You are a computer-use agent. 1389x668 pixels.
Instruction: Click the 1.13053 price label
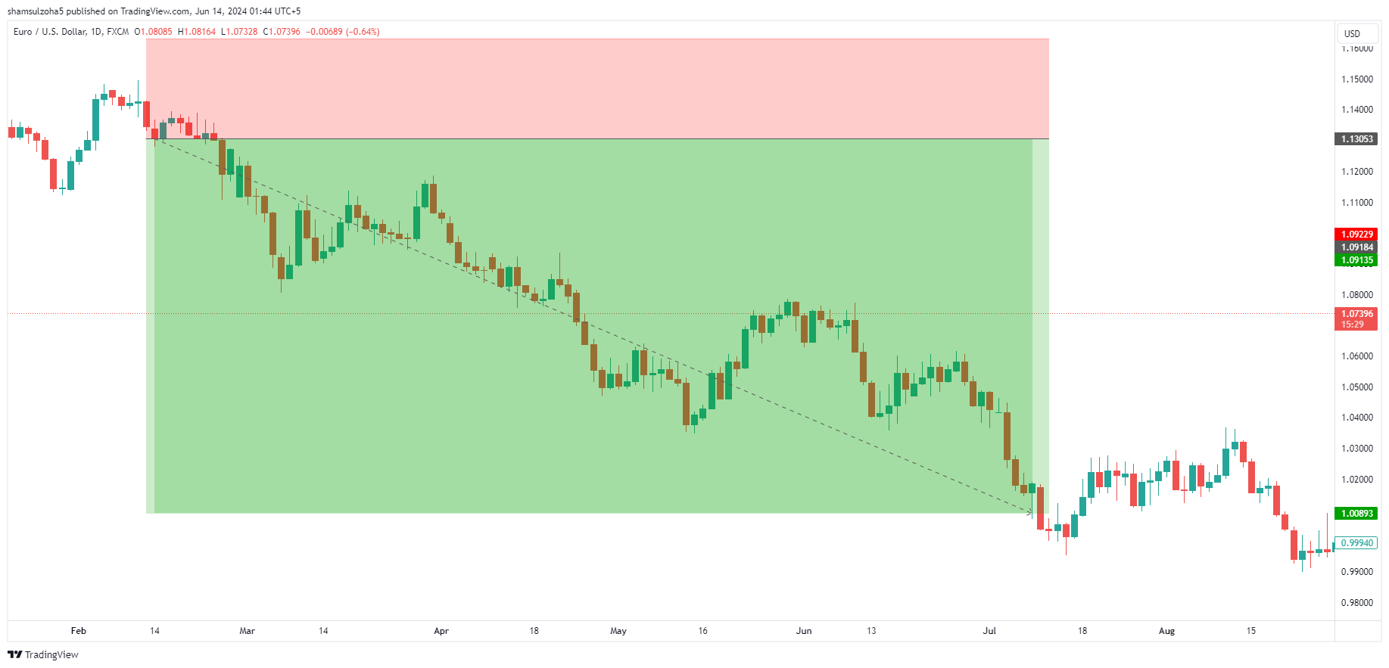coord(1356,139)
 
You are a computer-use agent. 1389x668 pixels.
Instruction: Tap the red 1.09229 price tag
coord(1356,235)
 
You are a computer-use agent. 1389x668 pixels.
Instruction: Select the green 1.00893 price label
coord(1356,514)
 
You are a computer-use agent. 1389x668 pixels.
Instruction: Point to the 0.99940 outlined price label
coord(1356,543)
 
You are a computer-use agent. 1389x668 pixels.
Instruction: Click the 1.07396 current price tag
coord(1356,314)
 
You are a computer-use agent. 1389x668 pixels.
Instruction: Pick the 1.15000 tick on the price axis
coord(1356,79)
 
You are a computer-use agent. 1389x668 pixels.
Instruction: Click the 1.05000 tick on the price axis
coord(1356,387)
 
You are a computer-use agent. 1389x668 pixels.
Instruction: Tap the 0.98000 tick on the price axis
coord(1356,603)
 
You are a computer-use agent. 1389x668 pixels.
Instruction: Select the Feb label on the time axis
coord(79,631)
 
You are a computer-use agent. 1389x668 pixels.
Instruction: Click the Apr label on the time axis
coord(441,631)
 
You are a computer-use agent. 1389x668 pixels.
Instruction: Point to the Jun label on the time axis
coord(804,631)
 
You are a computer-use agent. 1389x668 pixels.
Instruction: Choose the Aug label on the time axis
coord(1166,631)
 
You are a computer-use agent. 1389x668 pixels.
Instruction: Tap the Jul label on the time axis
coord(989,631)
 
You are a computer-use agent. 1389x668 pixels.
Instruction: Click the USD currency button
coord(1352,33)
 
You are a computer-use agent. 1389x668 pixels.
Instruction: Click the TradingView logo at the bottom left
coord(43,655)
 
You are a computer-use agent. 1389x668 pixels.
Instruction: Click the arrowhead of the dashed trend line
coord(1029,513)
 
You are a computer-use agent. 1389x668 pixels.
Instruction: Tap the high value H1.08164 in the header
coord(197,32)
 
